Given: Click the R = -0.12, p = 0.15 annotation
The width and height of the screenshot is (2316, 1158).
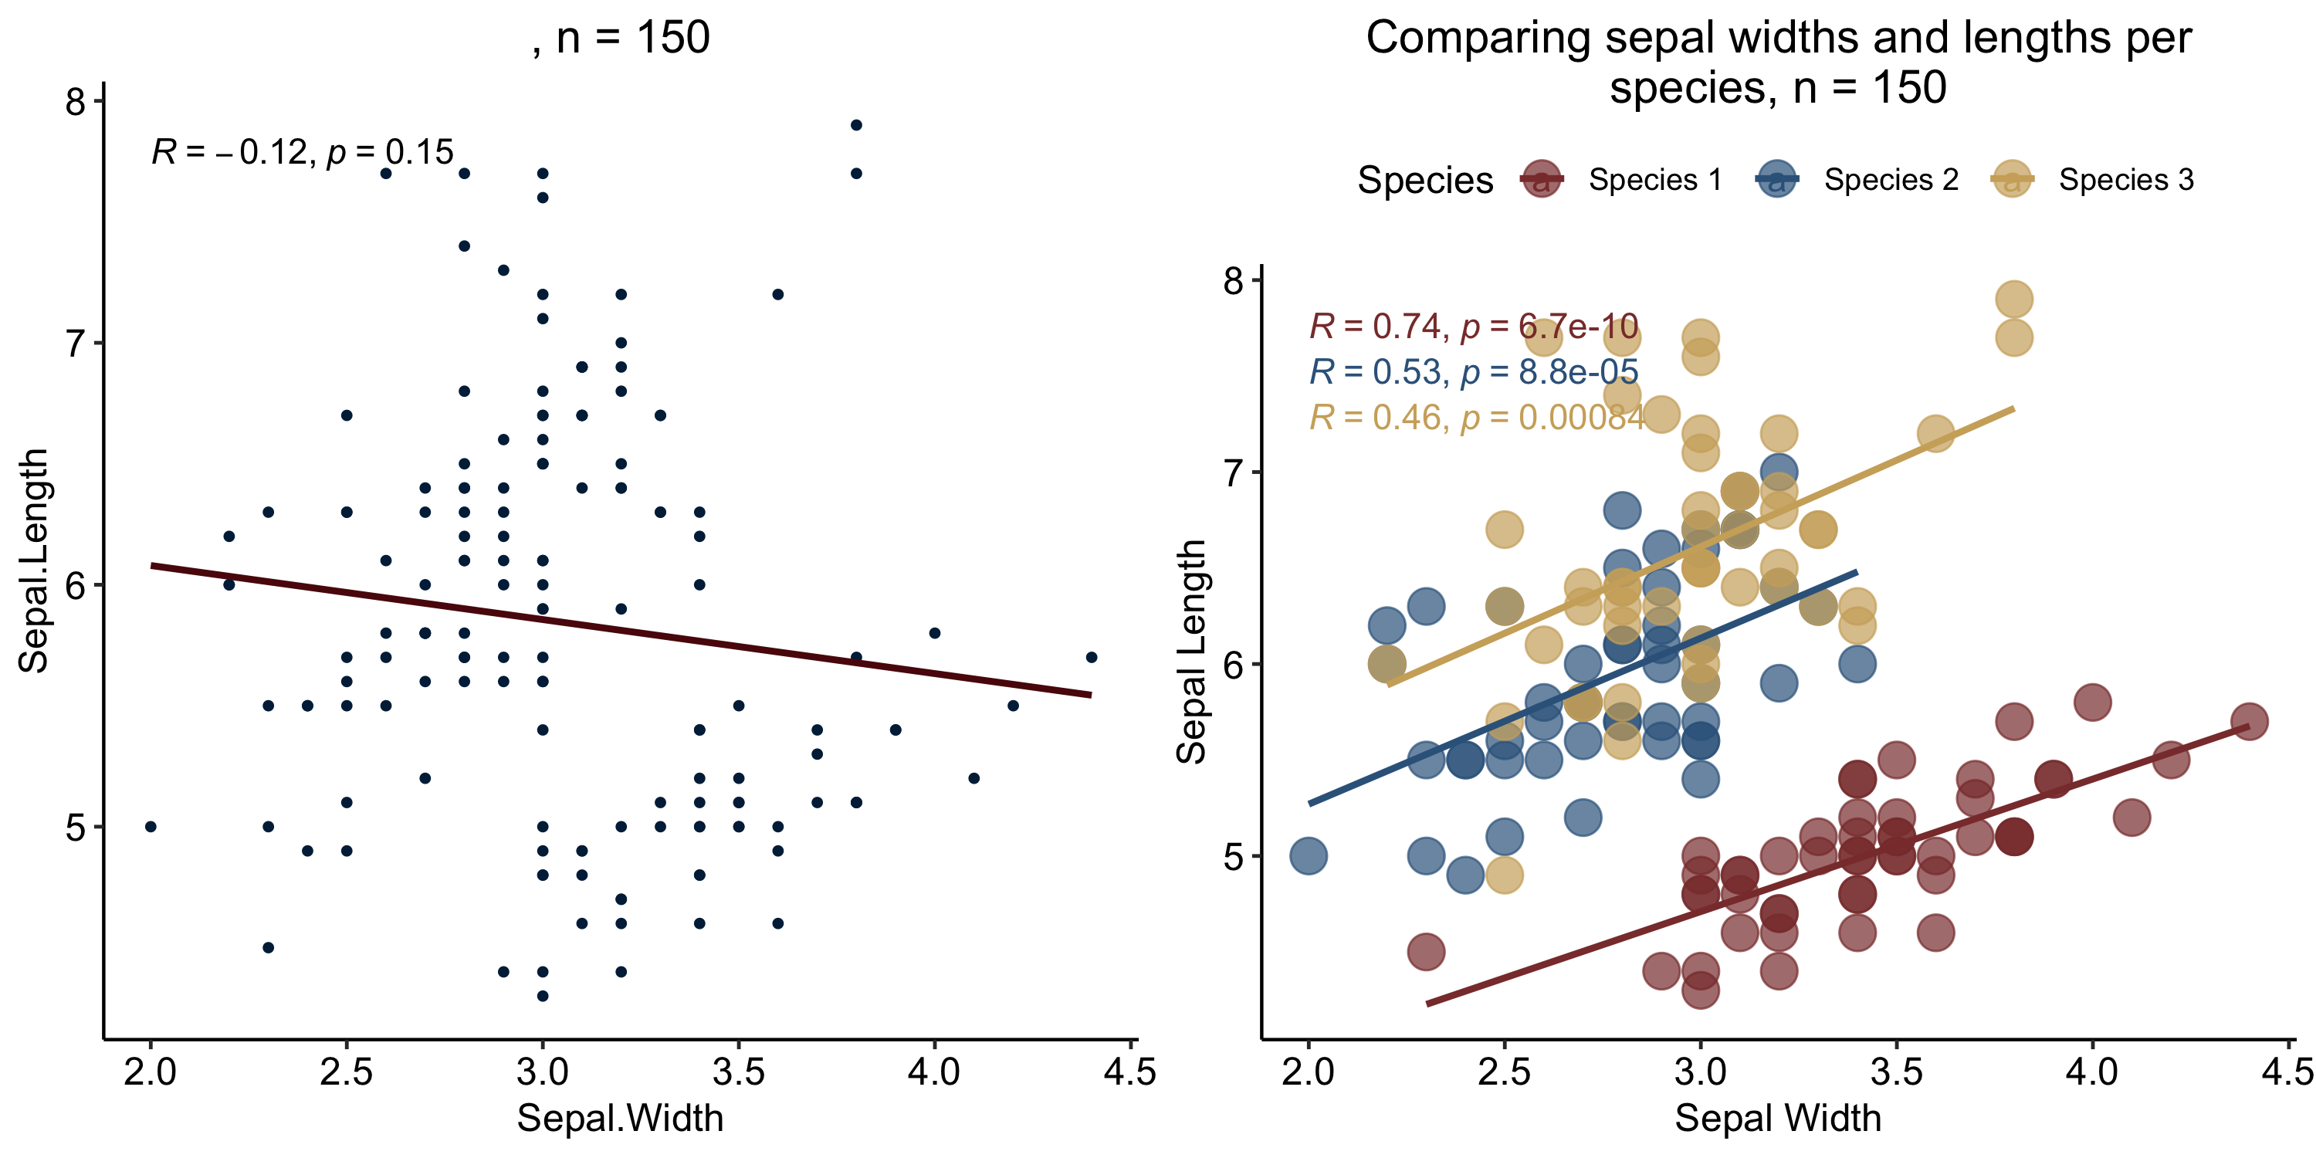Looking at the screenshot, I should (x=303, y=152).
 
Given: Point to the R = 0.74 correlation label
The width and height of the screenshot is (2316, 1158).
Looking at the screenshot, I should (x=1474, y=326).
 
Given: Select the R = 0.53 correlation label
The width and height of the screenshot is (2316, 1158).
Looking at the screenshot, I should (x=1474, y=371).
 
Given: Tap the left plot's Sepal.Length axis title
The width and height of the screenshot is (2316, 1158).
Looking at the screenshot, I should (x=34, y=561).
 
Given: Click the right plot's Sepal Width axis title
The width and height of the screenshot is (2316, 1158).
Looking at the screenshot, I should (x=1777, y=1119).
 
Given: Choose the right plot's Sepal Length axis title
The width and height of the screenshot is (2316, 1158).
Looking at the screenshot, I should (x=1191, y=652).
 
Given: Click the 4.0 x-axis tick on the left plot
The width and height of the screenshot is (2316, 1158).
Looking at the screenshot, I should (x=934, y=1072).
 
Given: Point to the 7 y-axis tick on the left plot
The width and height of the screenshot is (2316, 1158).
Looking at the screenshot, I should (x=76, y=344).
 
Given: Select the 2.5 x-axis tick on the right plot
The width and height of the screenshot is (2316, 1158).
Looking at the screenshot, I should (x=1504, y=1072).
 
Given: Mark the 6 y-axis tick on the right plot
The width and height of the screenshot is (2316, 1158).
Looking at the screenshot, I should (x=1234, y=665).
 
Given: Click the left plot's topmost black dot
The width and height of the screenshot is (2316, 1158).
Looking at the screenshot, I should (x=856, y=125).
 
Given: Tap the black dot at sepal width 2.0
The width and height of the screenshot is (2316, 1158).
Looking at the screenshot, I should (x=150, y=826).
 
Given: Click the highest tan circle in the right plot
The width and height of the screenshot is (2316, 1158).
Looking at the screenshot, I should (x=2014, y=300).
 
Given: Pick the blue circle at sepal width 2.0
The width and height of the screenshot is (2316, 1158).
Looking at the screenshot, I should (x=1308, y=855).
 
